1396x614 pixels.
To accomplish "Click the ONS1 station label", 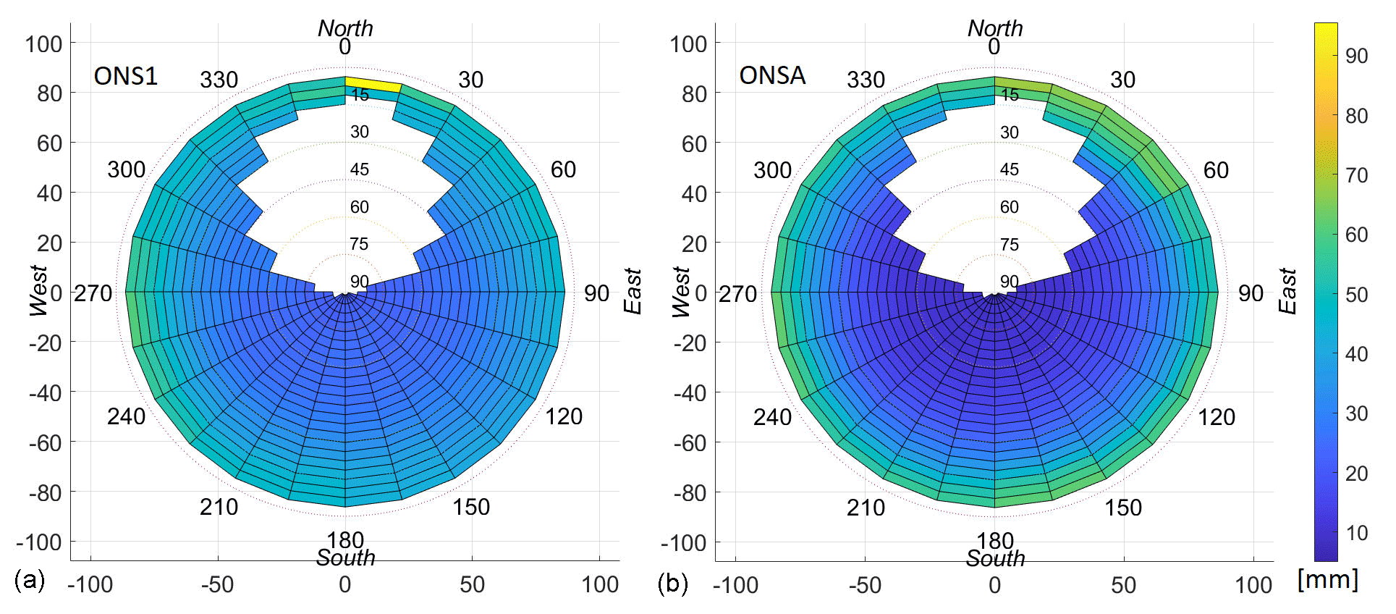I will (x=125, y=76).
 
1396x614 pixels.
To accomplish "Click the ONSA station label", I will (x=772, y=75).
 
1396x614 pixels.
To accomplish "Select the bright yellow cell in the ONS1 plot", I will (x=373, y=84).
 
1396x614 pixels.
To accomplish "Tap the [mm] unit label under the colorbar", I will (x=1327, y=579).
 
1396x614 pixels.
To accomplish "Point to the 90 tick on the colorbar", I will (x=1356, y=56).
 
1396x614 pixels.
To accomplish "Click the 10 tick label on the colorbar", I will (x=1356, y=533).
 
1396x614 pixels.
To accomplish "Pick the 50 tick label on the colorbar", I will (x=1356, y=295).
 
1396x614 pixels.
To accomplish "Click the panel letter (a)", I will (x=30, y=580).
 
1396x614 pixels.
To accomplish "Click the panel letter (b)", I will (x=672, y=583).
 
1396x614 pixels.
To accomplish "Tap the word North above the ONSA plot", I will (x=995, y=28).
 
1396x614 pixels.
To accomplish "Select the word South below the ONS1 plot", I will (x=345, y=558).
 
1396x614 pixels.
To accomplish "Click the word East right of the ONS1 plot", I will (x=633, y=291).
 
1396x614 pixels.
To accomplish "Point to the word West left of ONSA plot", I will (x=681, y=291).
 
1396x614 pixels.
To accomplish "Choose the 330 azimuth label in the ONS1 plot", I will (x=219, y=80).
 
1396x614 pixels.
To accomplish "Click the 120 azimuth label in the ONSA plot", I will (x=1216, y=417).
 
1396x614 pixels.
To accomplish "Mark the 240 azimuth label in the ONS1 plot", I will (x=126, y=416).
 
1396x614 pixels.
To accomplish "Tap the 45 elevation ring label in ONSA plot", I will (x=1009, y=169).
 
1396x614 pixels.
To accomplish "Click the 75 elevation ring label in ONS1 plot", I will (x=359, y=244).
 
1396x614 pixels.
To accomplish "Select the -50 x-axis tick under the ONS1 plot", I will (x=217, y=584).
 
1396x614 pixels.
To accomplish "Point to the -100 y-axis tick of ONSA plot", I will (x=683, y=542).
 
